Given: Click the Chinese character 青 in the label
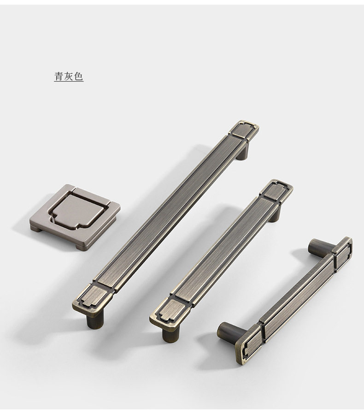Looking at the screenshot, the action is coord(59,77).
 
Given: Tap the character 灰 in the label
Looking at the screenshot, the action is coord(69,77).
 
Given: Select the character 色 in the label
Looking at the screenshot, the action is coord(79,77).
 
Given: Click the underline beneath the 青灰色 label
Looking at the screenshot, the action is coord(69,81).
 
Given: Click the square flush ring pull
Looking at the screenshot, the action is coord(75,217).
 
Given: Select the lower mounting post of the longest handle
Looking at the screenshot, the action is coord(95,320).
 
